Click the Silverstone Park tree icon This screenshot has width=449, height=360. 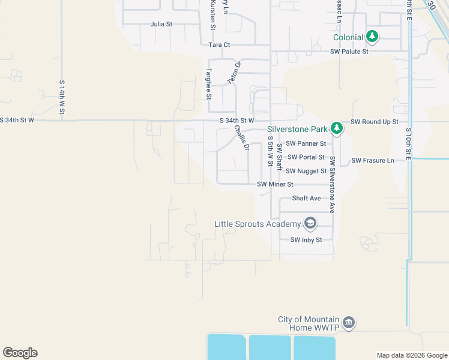pos(337,128)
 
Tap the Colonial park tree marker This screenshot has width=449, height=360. pos(373,37)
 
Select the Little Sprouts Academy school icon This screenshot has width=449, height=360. pos(310,224)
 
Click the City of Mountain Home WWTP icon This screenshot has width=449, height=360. pos(349,323)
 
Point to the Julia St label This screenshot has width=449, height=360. pos(161,25)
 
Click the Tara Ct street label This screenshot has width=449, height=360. pos(219,45)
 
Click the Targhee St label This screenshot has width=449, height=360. pos(208,83)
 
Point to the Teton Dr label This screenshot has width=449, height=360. pos(233,72)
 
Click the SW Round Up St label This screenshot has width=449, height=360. pos(375,121)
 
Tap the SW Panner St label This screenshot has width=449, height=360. pos(306,143)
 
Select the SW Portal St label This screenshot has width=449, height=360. pos(306,157)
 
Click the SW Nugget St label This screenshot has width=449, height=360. pos(306,171)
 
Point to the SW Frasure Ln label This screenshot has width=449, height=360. pos(373,160)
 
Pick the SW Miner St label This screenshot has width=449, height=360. pos(275,184)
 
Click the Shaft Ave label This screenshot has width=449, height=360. pos(306,198)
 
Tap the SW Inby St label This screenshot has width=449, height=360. pos(306,240)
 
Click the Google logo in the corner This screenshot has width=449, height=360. pos(20,352)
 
